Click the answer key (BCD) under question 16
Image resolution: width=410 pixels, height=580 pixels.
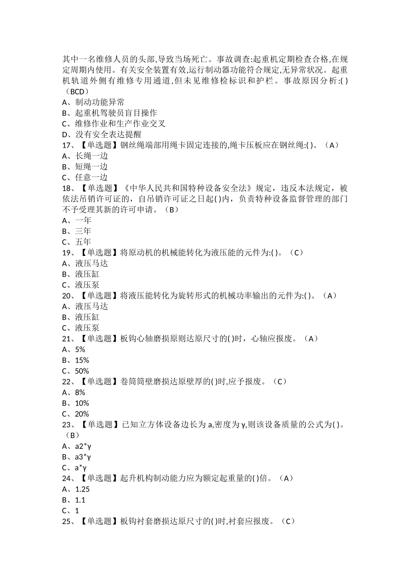pyautogui.click(x=76, y=91)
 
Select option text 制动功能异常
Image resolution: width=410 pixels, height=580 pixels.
pyautogui.click(x=100, y=102)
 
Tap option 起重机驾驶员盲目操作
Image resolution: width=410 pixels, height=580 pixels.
pyautogui.click(x=116, y=113)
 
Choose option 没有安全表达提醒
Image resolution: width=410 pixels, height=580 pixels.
pyautogui.click(x=108, y=134)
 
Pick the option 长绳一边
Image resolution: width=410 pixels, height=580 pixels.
pyautogui.click(x=91, y=156)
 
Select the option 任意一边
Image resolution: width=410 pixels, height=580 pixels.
pyautogui.click(x=91, y=177)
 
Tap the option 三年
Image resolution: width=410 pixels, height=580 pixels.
pyautogui.click(x=83, y=231)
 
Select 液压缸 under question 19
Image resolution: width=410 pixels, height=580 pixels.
pyautogui.click(x=88, y=274)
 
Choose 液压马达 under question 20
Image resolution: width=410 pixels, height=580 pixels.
pyautogui.click(x=91, y=306)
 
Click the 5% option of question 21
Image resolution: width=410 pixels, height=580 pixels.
pyautogui.click(x=80, y=350)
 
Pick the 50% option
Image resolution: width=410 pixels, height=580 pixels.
pyautogui.click(x=82, y=371)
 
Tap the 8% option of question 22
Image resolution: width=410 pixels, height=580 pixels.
pyautogui.click(x=80, y=393)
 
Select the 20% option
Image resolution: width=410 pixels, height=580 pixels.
pyautogui.click(x=82, y=414)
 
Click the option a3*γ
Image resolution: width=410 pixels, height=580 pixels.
pyautogui.click(x=83, y=457)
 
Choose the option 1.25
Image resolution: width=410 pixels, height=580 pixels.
pyautogui.click(x=82, y=489)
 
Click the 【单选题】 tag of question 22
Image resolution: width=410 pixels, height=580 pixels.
pyautogui.click(x=99, y=381)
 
